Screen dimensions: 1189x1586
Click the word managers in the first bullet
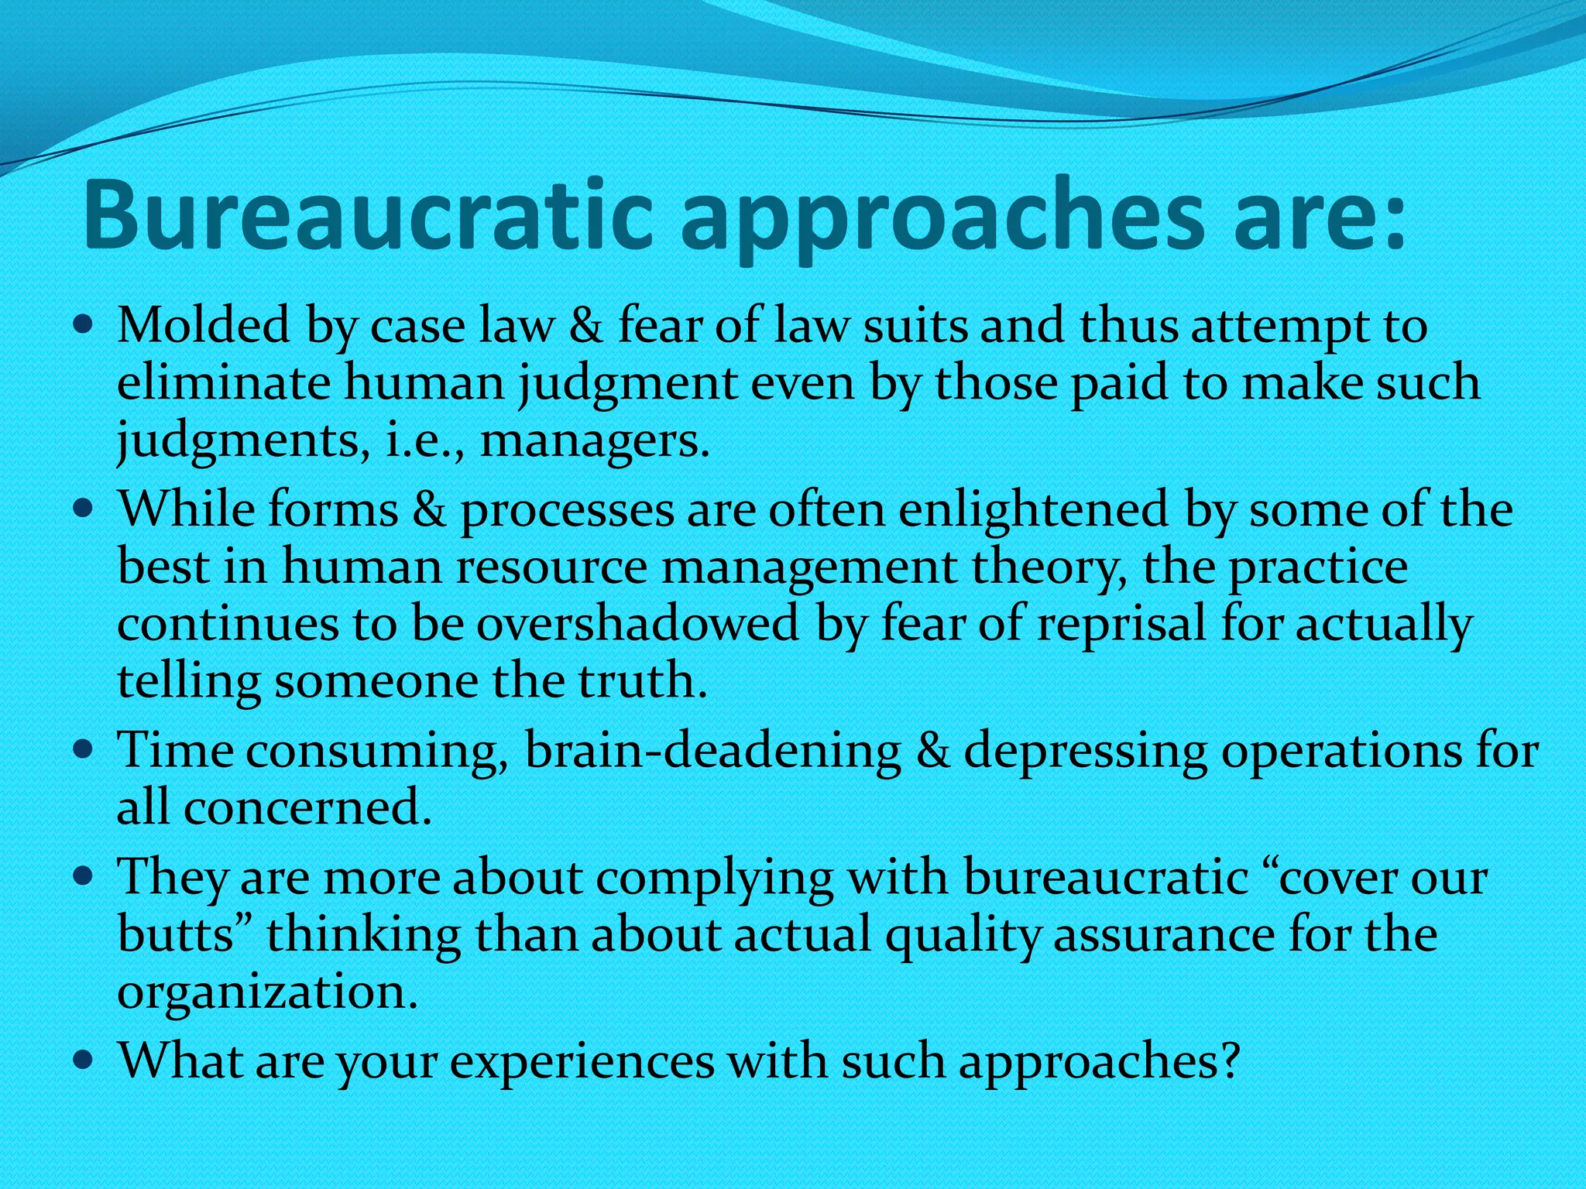(x=593, y=441)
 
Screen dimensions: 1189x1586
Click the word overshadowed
(x=637, y=624)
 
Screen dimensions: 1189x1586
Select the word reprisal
(x=1122, y=625)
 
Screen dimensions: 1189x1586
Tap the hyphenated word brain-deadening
(x=712, y=751)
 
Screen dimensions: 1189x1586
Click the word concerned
(x=307, y=808)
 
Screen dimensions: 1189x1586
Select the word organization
(x=267, y=993)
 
